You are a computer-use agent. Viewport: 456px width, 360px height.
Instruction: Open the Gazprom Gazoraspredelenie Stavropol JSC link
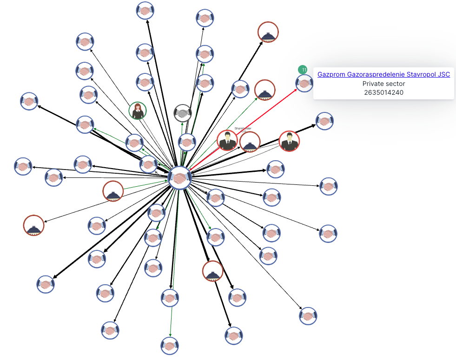coord(383,74)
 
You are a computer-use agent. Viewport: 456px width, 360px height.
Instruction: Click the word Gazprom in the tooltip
coord(331,74)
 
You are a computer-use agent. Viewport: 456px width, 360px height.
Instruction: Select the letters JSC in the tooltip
coord(443,74)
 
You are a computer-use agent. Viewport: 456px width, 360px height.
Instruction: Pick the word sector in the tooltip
coord(395,84)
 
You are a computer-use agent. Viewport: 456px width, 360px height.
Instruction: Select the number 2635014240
coord(383,92)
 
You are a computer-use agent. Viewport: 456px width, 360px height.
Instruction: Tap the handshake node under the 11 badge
coord(304,84)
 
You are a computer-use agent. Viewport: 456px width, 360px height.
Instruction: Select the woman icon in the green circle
coord(138,111)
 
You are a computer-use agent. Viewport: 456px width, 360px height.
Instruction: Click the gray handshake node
coord(183,113)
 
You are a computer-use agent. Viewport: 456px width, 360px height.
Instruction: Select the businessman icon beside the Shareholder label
coord(227,140)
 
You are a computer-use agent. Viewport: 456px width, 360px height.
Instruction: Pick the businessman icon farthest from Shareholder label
coord(289,141)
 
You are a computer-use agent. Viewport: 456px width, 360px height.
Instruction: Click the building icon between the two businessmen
coord(250,142)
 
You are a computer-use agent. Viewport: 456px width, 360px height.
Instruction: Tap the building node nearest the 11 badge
coord(264,90)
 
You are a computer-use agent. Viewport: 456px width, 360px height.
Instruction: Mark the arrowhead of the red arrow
coord(296,90)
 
